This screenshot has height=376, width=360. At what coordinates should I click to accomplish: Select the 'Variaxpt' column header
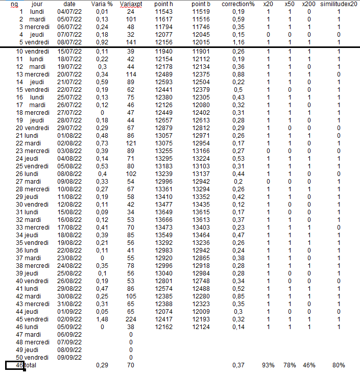pos(131,4)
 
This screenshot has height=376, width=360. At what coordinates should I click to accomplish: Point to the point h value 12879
pos(164,127)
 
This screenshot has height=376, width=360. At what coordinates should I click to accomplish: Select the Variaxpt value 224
pos(131,319)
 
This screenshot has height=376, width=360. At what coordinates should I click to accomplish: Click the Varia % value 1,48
pos(102,319)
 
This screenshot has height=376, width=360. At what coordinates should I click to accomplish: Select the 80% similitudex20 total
pos(338,365)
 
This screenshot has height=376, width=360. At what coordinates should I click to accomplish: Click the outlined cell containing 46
pos(15,365)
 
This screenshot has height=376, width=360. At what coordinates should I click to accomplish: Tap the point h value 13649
pos(164,212)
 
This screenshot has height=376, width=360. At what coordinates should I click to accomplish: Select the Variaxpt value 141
pos(131,42)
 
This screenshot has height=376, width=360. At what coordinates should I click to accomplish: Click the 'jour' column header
pos(37,4)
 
